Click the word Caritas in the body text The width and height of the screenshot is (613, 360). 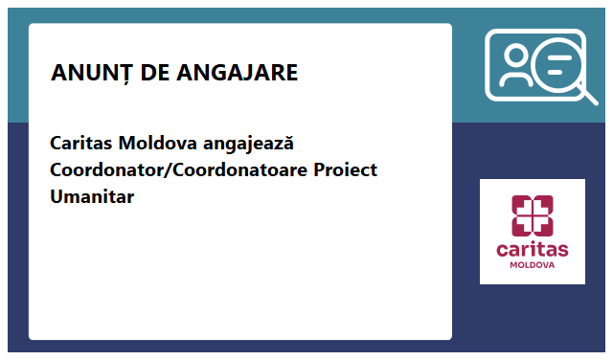point(81,144)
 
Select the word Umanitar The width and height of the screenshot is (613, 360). point(92,197)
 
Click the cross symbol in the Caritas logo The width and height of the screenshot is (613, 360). point(533,215)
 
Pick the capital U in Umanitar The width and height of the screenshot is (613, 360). point(57,197)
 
